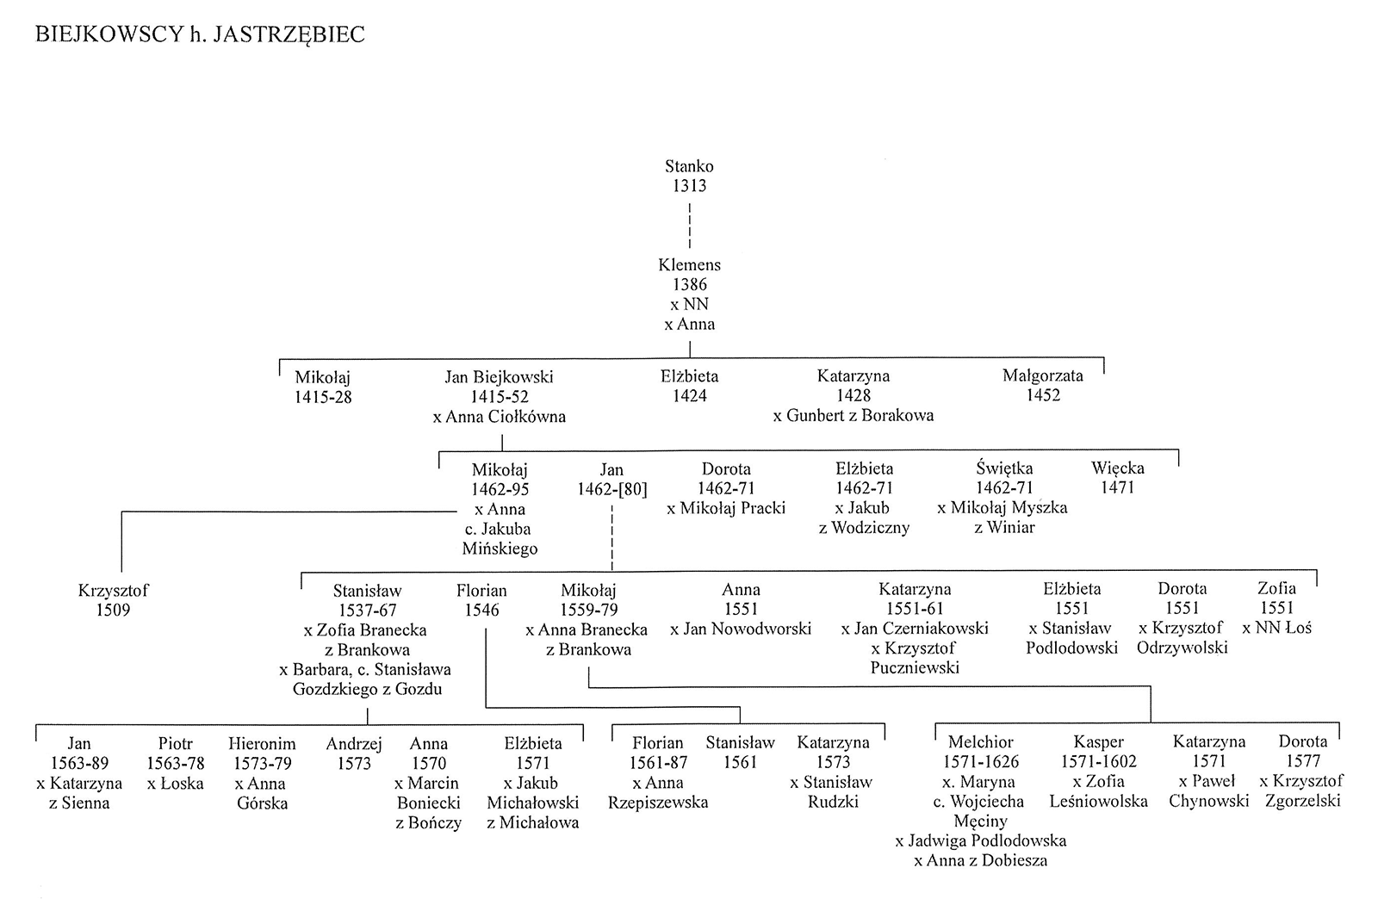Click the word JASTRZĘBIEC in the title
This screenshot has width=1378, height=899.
click(x=289, y=34)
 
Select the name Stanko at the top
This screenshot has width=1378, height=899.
click(x=689, y=166)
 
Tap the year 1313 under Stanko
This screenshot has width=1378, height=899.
click(x=689, y=186)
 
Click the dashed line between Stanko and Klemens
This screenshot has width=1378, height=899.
click(x=690, y=225)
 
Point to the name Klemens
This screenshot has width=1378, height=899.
click(x=689, y=264)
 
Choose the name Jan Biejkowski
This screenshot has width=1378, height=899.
click(x=499, y=377)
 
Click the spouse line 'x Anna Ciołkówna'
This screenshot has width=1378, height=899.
click(x=499, y=417)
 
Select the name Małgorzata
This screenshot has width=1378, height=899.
click(x=1043, y=375)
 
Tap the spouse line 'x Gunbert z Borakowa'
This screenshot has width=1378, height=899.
click(x=853, y=416)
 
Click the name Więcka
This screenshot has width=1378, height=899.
click(x=1118, y=468)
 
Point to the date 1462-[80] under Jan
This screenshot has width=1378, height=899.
click(x=612, y=489)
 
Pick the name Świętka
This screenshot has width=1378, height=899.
click(x=1004, y=468)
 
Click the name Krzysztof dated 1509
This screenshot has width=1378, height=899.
click(x=113, y=591)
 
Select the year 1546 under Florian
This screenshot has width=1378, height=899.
click(x=481, y=610)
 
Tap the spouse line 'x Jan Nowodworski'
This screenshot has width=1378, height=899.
click(x=741, y=629)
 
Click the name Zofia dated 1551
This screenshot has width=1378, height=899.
click(x=1276, y=588)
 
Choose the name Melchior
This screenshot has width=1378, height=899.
click(x=981, y=742)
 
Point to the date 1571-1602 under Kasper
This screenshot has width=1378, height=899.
click(x=1098, y=762)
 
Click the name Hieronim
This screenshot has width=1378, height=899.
click(x=262, y=744)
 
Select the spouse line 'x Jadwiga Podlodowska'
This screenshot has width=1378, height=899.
click(x=981, y=840)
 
